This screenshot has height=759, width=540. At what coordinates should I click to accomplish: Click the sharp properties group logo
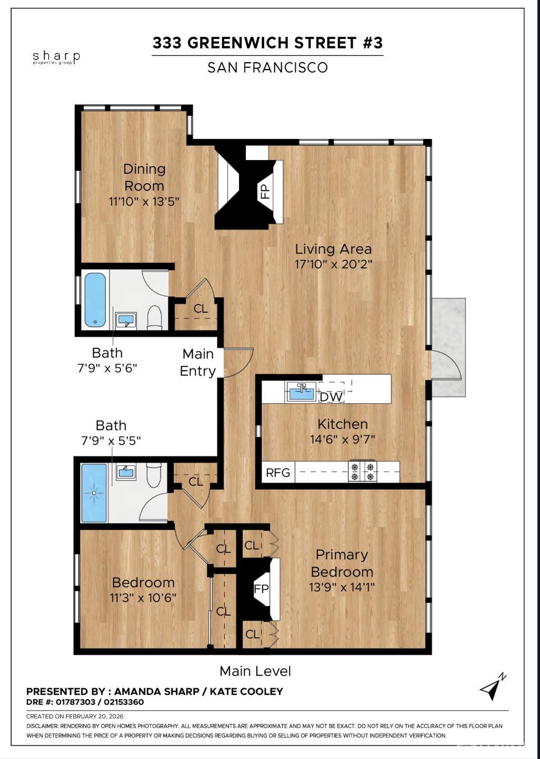[x=56, y=57]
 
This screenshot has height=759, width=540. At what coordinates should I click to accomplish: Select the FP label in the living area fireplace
[x=265, y=191]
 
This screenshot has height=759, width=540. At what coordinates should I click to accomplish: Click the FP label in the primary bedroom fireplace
[x=262, y=589]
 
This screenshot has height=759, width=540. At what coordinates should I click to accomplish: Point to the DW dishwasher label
[x=331, y=397]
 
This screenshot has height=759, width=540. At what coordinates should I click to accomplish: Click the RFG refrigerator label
[x=277, y=473]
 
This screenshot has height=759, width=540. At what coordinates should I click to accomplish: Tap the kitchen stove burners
[x=363, y=472]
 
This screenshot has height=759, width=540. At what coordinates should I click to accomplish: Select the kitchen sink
[x=302, y=393]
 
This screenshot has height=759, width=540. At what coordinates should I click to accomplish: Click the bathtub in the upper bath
[x=95, y=299]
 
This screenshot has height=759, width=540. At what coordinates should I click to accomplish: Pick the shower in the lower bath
[x=94, y=493]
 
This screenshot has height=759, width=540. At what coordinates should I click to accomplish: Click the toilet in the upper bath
[x=155, y=318]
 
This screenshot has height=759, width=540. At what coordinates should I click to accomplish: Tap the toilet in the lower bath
[x=154, y=474]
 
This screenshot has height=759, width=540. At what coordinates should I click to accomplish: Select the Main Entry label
[x=198, y=362]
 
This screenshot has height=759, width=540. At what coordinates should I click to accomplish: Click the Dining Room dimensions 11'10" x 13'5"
[x=144, y=201]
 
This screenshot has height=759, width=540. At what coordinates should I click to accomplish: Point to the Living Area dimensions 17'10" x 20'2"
[x=333, y=264]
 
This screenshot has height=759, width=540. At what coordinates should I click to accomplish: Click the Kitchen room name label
[x=342, y=424]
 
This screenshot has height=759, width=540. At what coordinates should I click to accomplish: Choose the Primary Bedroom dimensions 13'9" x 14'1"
[x=342, y=587]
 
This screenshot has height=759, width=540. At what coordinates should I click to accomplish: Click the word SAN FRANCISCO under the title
[x=267, y=67]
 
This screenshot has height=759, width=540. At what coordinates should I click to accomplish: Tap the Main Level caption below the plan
[x=255, y=671]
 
